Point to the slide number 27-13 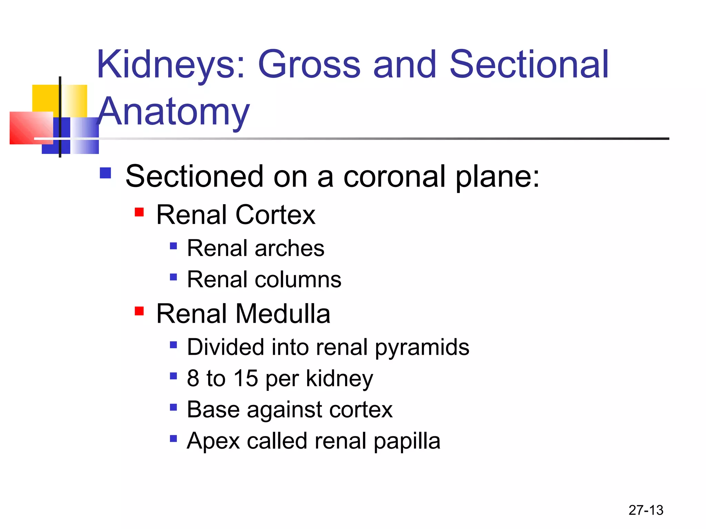pos(646,510)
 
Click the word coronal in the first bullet pos(395,176)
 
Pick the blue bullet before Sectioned pos(105,173)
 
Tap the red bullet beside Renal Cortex pos(139,212)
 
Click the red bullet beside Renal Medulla pos(139,311)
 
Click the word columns pos(298,279)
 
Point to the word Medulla pos(283,314)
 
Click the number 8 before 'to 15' pos(193,378)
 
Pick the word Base pos(213,409)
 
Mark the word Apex pos(213,441)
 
